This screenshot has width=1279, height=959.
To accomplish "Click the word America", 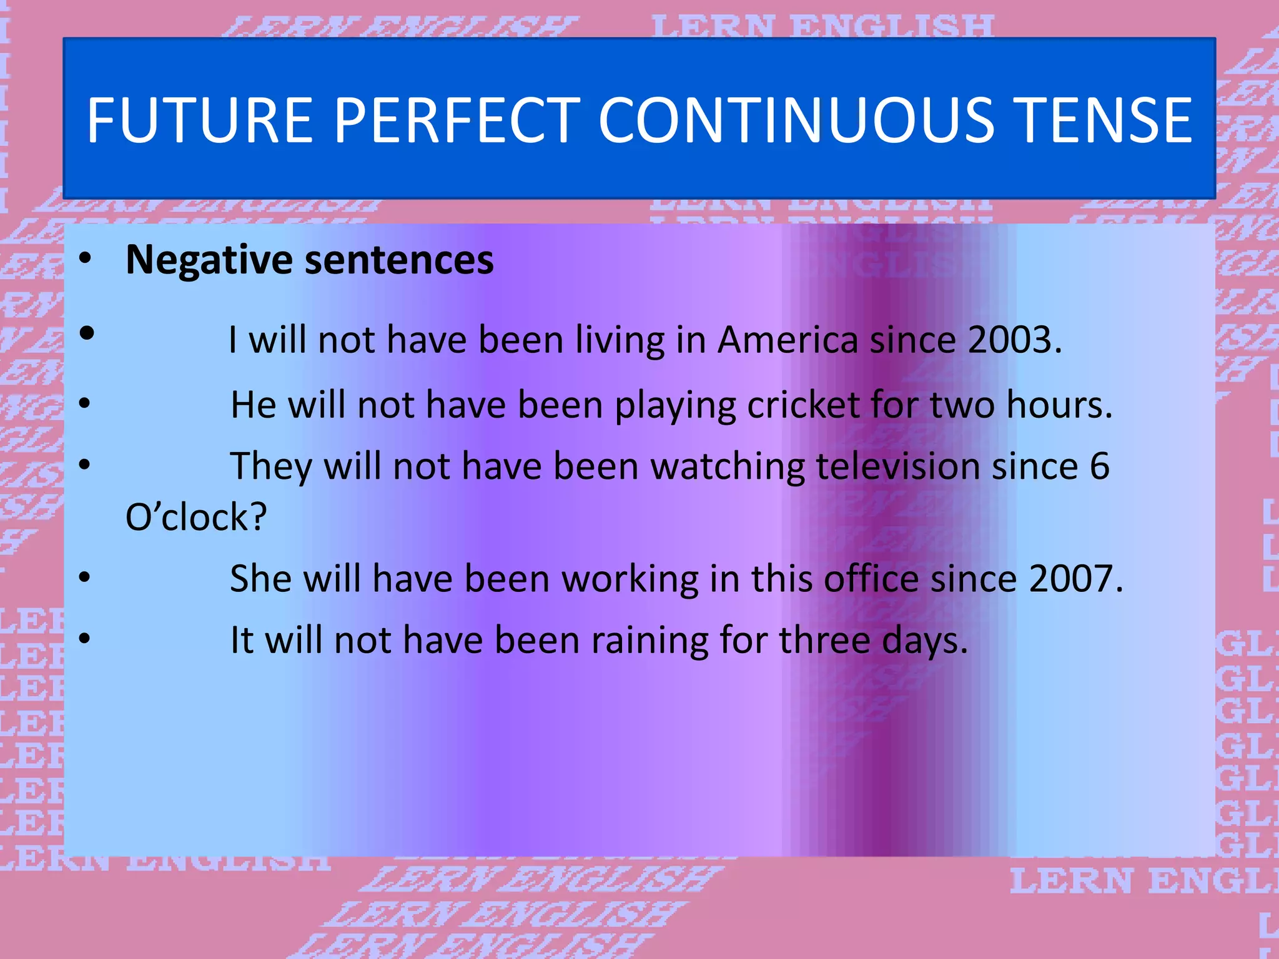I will click(x=788, y=340).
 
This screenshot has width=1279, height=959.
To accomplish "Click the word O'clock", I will click(x=196, y=518).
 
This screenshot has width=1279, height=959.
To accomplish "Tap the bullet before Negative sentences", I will click(x=86, y=258).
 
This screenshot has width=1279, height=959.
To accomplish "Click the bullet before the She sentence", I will click(x=85, y=577).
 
